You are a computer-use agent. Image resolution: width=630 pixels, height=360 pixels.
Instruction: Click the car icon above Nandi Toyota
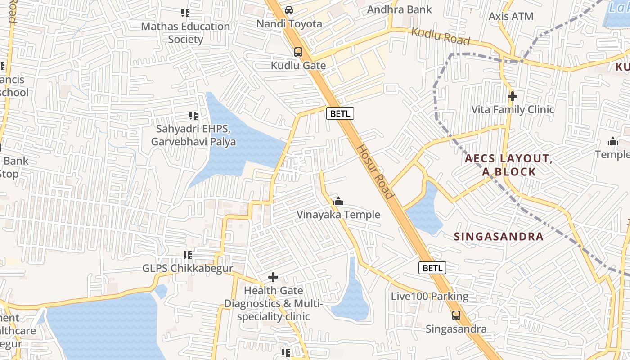coord(289,10)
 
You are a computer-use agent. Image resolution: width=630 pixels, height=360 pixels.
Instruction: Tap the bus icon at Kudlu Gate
coord(298,52)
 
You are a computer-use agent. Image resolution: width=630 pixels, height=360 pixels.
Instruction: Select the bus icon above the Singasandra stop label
coord(456,315)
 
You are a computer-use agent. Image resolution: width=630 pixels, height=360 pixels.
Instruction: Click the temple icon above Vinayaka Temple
coord(338,201)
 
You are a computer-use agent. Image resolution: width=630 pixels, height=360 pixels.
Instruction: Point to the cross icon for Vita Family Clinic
coord(512,96)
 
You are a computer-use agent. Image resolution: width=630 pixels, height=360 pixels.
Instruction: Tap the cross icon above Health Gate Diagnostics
coord(273,277)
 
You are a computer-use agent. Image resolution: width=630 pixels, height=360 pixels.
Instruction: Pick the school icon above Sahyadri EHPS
coord(193,116)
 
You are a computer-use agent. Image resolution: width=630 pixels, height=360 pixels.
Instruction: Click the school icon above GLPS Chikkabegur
coord(188,255)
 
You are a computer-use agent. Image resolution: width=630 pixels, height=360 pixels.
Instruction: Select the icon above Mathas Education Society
coord(185,13)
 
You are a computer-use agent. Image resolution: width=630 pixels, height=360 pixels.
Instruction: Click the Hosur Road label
coord(375,171)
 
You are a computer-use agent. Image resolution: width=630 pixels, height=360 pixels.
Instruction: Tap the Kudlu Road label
coord(441,36)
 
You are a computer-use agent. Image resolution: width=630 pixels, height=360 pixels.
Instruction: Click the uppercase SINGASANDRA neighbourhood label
coord(499,237)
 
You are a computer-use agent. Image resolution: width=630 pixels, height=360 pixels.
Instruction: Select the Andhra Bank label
coord(399,9)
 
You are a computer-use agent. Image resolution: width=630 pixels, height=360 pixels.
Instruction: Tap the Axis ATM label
coord(511,17)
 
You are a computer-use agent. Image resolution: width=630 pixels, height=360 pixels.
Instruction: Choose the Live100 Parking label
coord(430,297)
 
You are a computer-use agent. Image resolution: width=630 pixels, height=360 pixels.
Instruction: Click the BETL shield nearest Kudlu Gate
coord(340,114)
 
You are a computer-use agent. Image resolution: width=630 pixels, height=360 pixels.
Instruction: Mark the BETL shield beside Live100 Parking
coord(432,268)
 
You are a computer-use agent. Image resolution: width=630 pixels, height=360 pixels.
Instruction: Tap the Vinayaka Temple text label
coord(338,215)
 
